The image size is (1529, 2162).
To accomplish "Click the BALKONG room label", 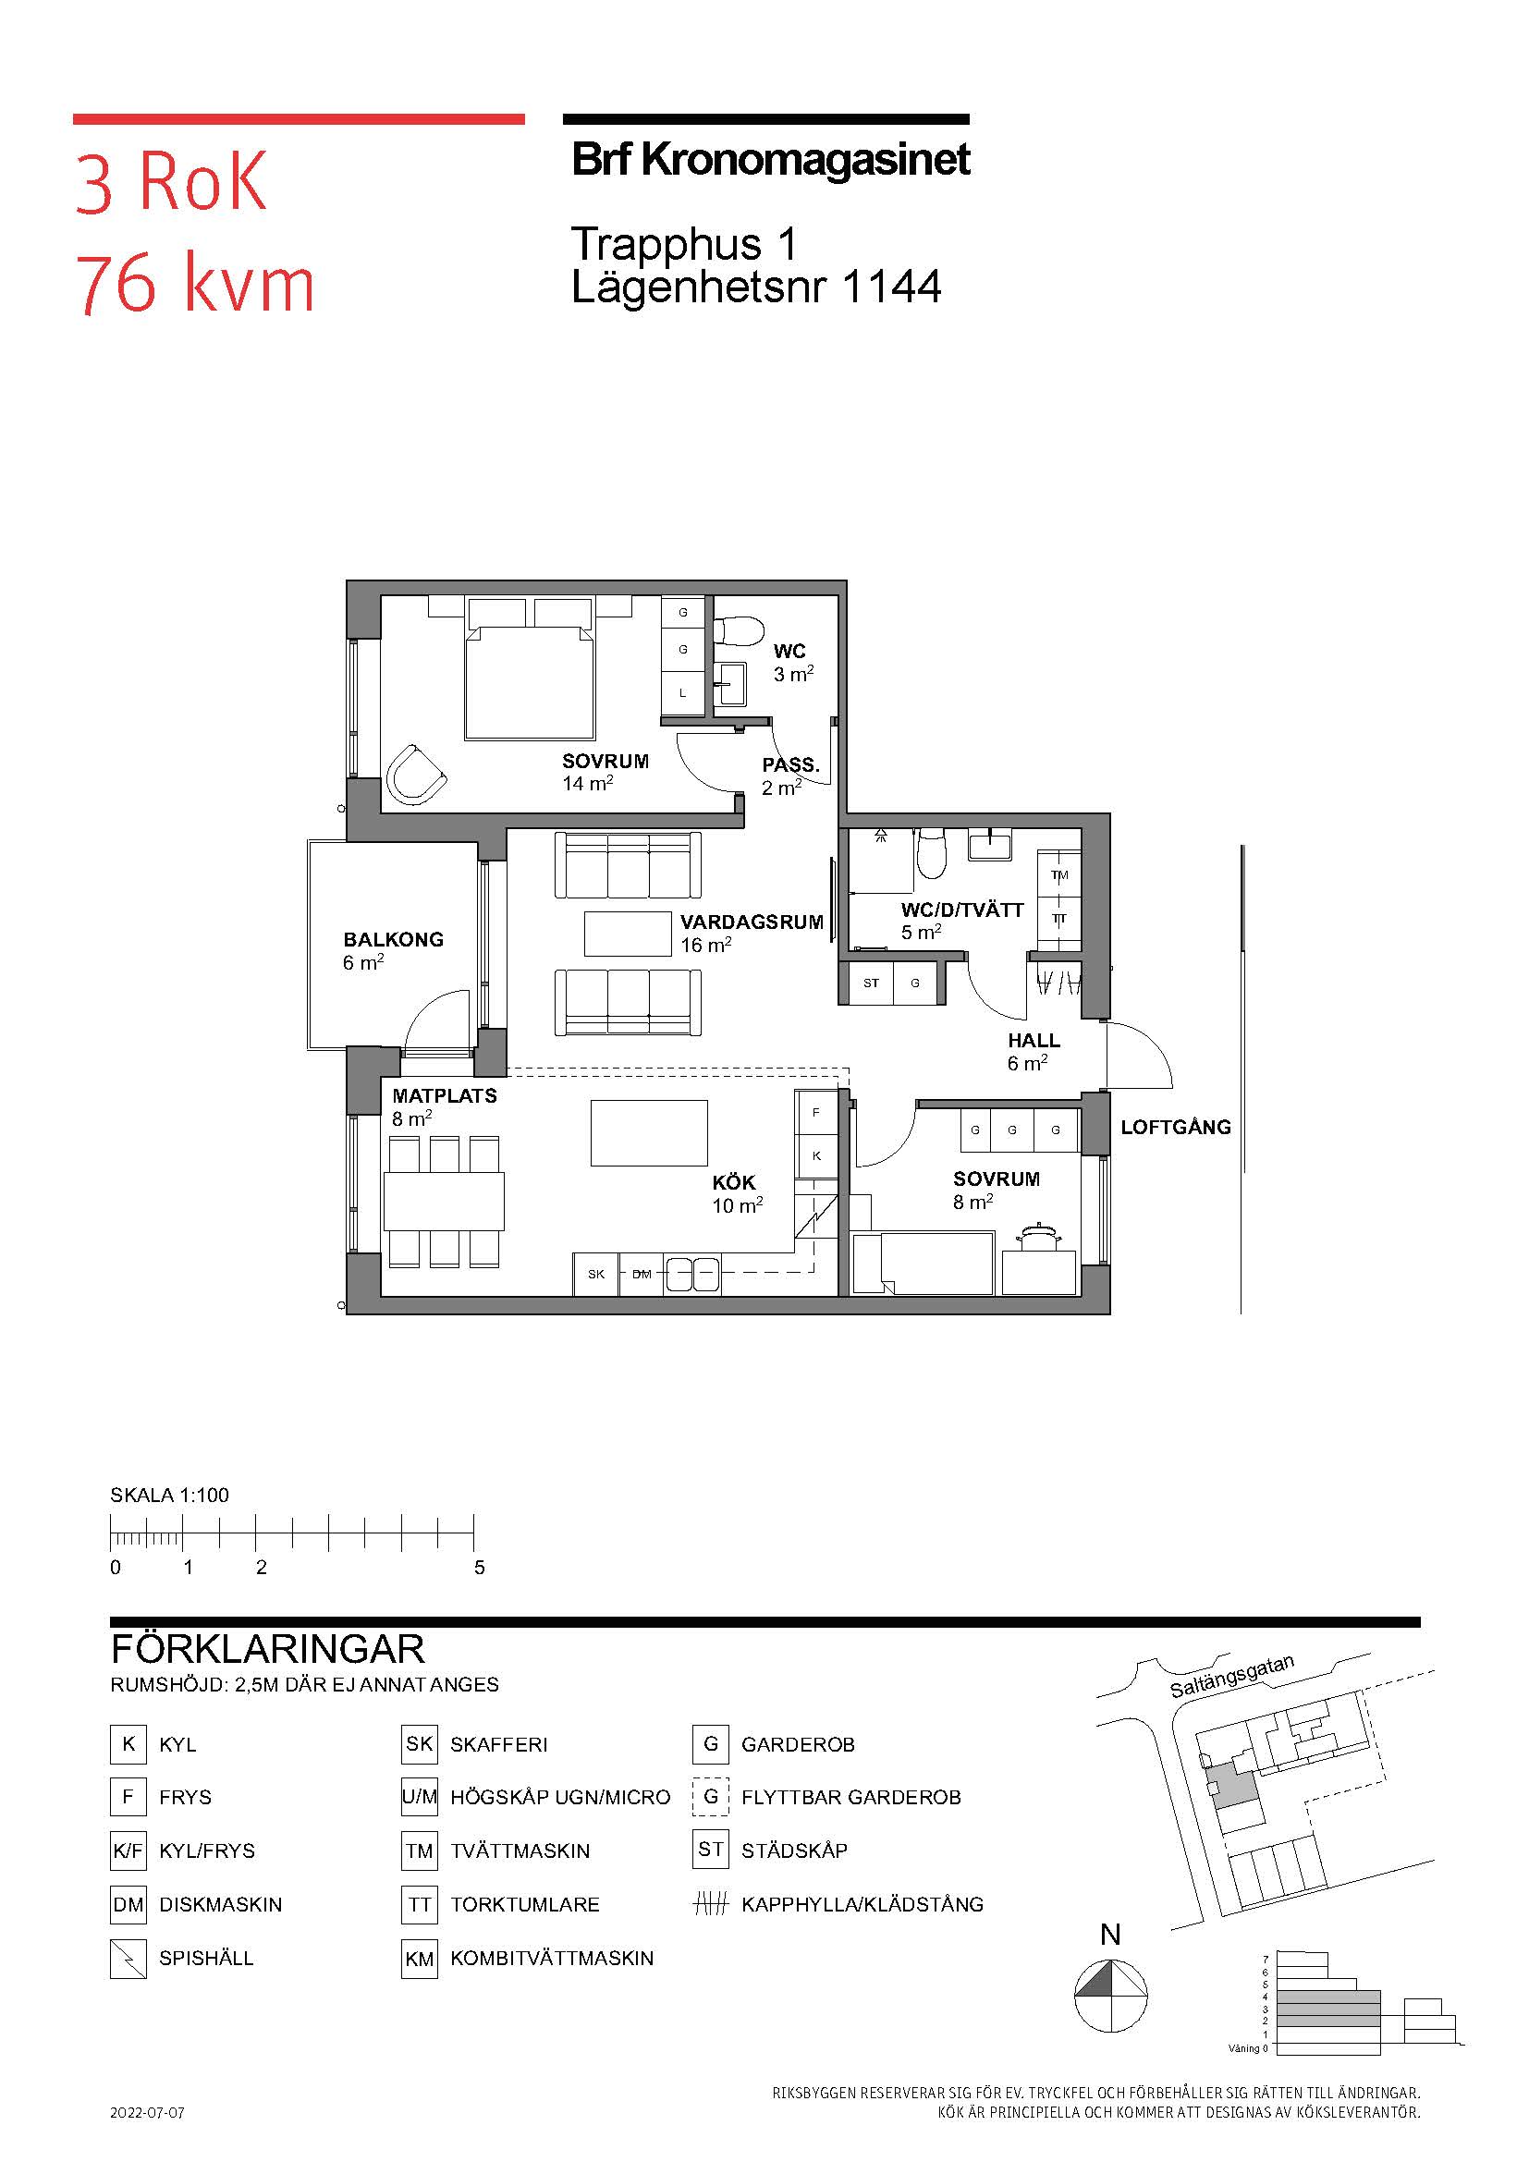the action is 393,939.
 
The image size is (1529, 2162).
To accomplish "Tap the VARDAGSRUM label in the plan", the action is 752,922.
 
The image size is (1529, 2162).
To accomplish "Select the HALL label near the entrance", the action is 1034,1041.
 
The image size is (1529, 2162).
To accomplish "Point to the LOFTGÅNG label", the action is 1175,1126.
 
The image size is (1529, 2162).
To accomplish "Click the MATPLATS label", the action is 445,1095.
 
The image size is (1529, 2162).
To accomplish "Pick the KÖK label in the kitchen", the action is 733,1182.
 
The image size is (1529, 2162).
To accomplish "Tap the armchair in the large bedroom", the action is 415,774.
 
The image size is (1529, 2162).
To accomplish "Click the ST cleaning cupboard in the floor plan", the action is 871,983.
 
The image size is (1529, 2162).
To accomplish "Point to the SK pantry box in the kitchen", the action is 596,1274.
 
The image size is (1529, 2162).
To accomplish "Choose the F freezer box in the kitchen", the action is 816,1112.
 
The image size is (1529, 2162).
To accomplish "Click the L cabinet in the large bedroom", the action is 682,692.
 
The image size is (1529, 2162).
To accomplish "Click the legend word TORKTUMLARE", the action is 524,1904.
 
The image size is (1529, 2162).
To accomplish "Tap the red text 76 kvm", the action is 194,284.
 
